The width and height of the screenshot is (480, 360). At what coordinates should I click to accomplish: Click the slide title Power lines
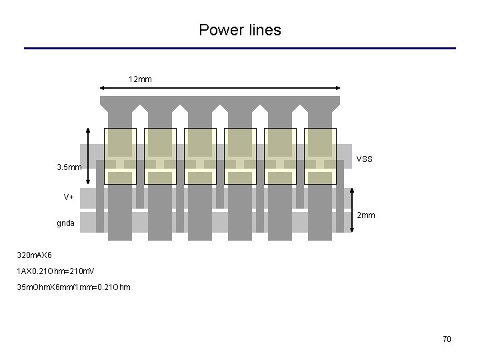click(240, 30)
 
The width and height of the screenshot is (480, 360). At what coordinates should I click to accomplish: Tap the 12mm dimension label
click(140, 79)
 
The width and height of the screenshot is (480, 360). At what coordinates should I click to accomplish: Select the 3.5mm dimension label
click(69, 167)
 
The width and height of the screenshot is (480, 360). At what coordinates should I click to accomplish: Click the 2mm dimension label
click(366, 215)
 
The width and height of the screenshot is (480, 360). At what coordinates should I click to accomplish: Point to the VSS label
click(365, 159)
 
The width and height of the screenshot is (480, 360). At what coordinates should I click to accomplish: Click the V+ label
click(69, 197)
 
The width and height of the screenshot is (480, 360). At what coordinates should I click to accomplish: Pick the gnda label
click(65, 223)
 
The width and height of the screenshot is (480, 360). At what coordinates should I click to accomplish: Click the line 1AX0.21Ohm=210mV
click(56, 271)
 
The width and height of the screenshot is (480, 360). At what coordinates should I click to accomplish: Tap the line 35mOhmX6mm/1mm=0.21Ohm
click(74, 287)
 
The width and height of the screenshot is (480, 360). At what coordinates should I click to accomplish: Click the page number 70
click(447, 339)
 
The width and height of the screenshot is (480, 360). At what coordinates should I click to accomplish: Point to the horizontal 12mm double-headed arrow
click(219, 87)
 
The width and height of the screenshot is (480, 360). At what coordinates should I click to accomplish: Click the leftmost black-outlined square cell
click(120, 156)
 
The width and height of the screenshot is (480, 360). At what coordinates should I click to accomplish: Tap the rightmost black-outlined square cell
click(320, 156)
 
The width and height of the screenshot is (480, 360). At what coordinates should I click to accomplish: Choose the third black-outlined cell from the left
click(200, 156)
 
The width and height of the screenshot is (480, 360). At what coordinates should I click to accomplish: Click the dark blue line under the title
click(240, 48)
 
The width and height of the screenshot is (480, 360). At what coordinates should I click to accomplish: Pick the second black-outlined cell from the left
click(160, 156)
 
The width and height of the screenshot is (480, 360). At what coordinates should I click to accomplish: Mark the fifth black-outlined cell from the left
click(280, 156)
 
